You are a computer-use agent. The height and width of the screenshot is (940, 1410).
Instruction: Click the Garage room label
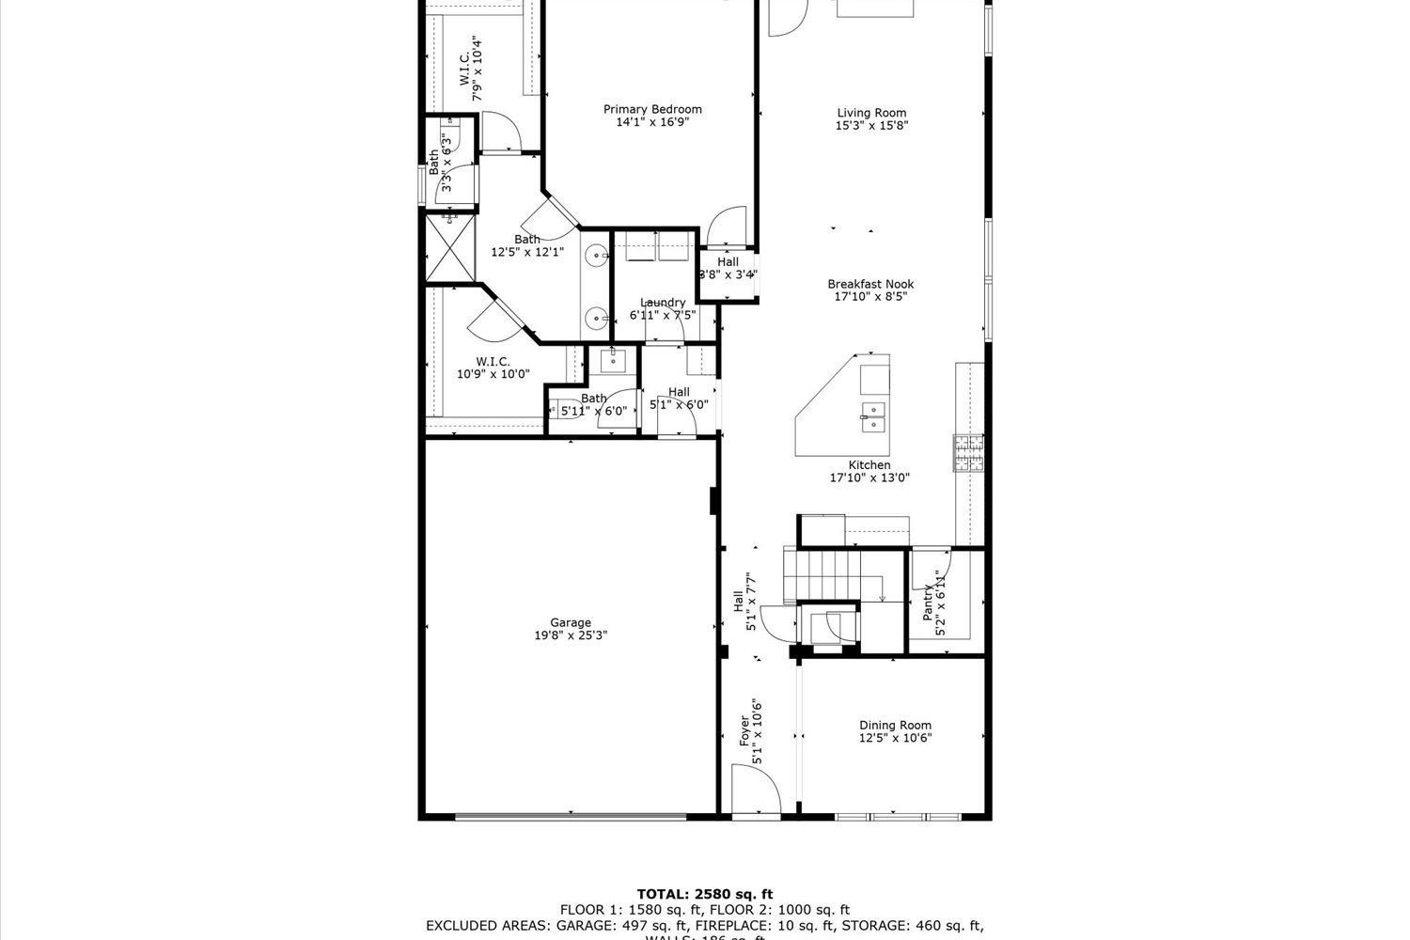(571, 622)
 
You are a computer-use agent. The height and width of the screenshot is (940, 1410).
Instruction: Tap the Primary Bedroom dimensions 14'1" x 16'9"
(652, 122)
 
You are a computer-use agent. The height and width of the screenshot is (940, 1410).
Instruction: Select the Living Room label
(871, 113)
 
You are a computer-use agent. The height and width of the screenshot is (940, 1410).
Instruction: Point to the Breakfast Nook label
(870, 284)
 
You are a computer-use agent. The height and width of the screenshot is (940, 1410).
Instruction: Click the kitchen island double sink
(874, 416)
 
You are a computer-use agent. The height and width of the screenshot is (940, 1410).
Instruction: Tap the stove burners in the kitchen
(969, 453)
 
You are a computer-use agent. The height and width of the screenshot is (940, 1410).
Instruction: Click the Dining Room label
(895, 725)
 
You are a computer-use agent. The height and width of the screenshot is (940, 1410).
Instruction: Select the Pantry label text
(929, 602)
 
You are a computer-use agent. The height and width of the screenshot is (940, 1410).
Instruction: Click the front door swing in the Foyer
(756, 788)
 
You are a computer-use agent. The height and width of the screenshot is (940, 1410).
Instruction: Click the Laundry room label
(663, 303)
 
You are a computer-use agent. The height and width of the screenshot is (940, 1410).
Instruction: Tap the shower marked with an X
(448, 246)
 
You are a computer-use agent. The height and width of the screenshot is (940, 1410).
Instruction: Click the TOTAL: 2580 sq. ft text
(705, 894)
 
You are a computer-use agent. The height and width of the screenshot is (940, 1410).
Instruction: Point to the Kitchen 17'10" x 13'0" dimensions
(869, 478)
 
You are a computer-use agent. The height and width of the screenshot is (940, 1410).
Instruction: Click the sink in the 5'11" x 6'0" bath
(612, 360)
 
